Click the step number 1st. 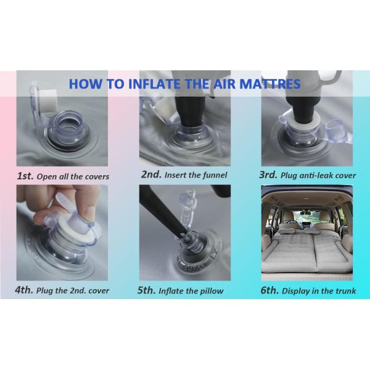click(25, 176)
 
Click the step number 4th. click(24, 290)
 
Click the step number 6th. click(269, 290)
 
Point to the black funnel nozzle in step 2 click(189, 113)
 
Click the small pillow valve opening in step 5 click(188, 241)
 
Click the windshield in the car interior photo click(306, 215)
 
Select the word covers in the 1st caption click(99, 177)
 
